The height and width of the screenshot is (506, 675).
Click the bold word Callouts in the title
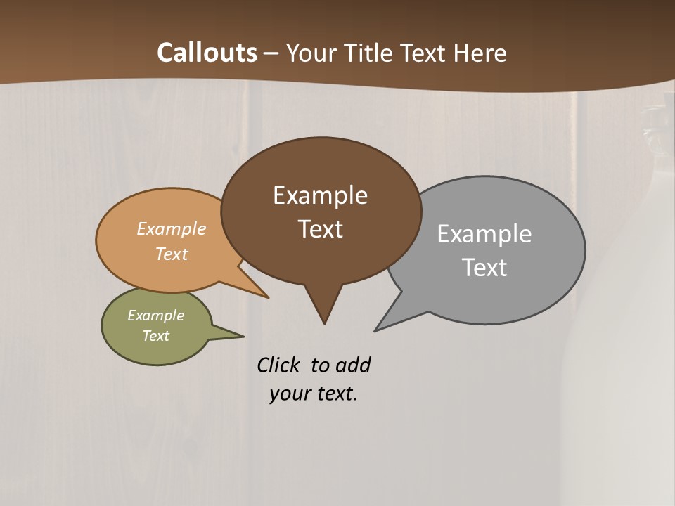(207, 53)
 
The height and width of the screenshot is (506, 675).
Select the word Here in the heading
(480, 53)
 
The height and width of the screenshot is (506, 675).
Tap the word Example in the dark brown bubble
(320, 195)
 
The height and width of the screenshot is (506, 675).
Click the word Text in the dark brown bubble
(320, 229)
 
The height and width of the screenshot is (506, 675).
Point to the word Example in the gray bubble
(484, 234)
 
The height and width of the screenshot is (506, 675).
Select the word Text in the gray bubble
(484, 268)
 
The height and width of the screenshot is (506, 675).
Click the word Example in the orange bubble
(171, 229)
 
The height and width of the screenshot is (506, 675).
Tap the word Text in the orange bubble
(171, 254)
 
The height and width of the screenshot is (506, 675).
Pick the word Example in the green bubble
(155, 316)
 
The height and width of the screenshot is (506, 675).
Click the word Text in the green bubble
(155, 336)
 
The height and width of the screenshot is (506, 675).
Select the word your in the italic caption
(289, 394)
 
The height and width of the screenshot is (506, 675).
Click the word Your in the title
(310, 53)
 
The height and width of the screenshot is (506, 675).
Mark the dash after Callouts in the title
(271, 53)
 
